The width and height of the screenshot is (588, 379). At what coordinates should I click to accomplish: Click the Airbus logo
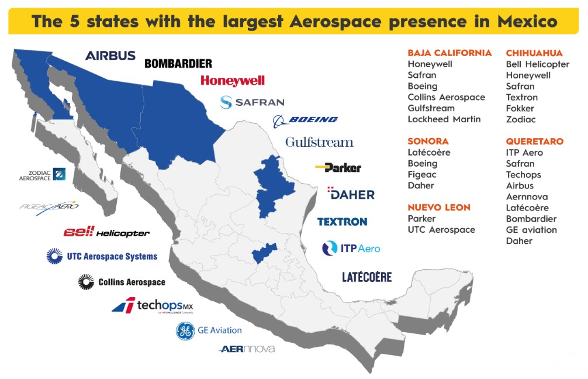pyautogui.click(x=110, y=56)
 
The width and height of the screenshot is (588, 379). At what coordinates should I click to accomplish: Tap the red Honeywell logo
pyautogui.click(x=232, y=81)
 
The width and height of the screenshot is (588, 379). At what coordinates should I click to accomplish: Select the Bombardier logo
pyautogui.click(x=178, y=63)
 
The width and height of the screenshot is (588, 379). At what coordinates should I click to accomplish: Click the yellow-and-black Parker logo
pyautogui.click(x=338, y=168)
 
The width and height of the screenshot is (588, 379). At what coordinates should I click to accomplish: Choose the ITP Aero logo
pyautogui.click(x=351, y=248)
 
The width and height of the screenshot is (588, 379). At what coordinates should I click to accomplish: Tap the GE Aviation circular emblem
pyautogui.click(x=185, y=331)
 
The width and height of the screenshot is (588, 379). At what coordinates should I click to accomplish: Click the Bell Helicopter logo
pyautogui.click(x=106, y=233)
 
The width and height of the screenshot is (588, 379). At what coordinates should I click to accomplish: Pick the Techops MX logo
pyautogui.click(x=152, y=305)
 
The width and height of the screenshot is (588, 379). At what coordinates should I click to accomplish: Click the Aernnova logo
pyautogui.click(x=247, y=349)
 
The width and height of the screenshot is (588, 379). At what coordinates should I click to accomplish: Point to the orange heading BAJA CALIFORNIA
pyautogui.click(x=449, y=53)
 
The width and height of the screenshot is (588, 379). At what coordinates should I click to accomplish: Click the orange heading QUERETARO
pyautogui.click(x=534, y=142)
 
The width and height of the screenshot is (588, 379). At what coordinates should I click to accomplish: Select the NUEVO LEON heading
pyautogui.click(x=438, y=207)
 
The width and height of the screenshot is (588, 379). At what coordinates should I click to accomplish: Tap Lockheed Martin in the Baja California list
pyautogui.click(x=444, y=119)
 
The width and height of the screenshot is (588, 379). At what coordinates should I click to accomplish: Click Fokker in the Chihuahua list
pyautogui.click(x=520, y=108)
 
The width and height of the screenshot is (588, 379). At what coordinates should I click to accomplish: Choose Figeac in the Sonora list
pyautogui.click(x=422, y=174)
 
